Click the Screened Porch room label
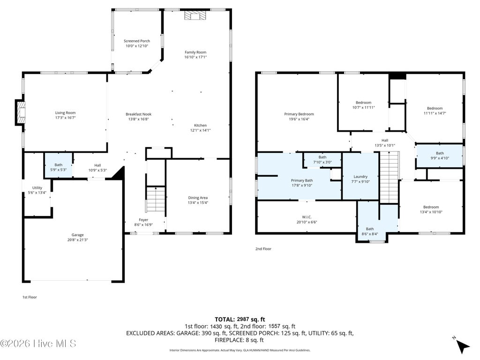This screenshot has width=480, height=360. tap(137, 41)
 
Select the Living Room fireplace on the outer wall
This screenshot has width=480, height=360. tap(20, 112)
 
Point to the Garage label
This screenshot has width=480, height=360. tap(77, 235)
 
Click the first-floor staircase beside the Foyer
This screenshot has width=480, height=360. tap(156, 199)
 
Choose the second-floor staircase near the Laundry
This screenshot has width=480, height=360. tap(390, 177)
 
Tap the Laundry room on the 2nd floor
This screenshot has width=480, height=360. tap(360, 176)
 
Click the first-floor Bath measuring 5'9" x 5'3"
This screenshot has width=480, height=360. tap(59, 165)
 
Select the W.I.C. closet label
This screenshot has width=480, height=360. tap(307, 217)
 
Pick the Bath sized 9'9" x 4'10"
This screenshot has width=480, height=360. tap(440, 156)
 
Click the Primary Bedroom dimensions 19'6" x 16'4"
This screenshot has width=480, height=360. tap(299, 119)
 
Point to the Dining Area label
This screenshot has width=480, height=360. tap(198, 198)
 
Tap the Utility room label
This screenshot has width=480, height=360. tap(37, 188)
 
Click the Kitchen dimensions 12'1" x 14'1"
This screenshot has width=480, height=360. tap(201, 130)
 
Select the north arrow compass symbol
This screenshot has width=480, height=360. tap(462, 345)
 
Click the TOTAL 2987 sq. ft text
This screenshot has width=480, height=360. tap(240, 320)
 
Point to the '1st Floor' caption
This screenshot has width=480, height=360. tap(30, 297)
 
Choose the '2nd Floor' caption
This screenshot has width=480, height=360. tap(263, 249)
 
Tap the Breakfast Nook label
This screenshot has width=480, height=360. tap(139, 114)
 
